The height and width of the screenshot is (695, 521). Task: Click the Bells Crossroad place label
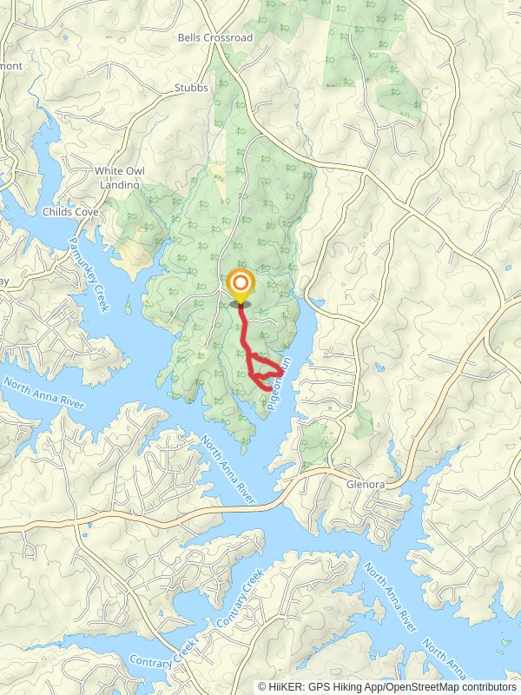click(214, 37)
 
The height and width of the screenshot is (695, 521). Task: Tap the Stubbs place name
click(191, 88)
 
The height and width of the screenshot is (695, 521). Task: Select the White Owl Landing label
click(119, 177)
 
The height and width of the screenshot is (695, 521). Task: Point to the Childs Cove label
click(71, 211)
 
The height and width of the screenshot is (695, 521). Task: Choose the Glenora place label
click(364, 485)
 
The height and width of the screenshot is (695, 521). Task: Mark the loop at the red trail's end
click(265, 373)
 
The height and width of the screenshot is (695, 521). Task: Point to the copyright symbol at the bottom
click(262, 686)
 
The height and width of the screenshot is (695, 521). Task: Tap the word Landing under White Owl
click(119, 184)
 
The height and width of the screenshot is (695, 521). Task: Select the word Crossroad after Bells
click(228, 37)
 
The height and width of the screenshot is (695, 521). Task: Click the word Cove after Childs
click(87, 211)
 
